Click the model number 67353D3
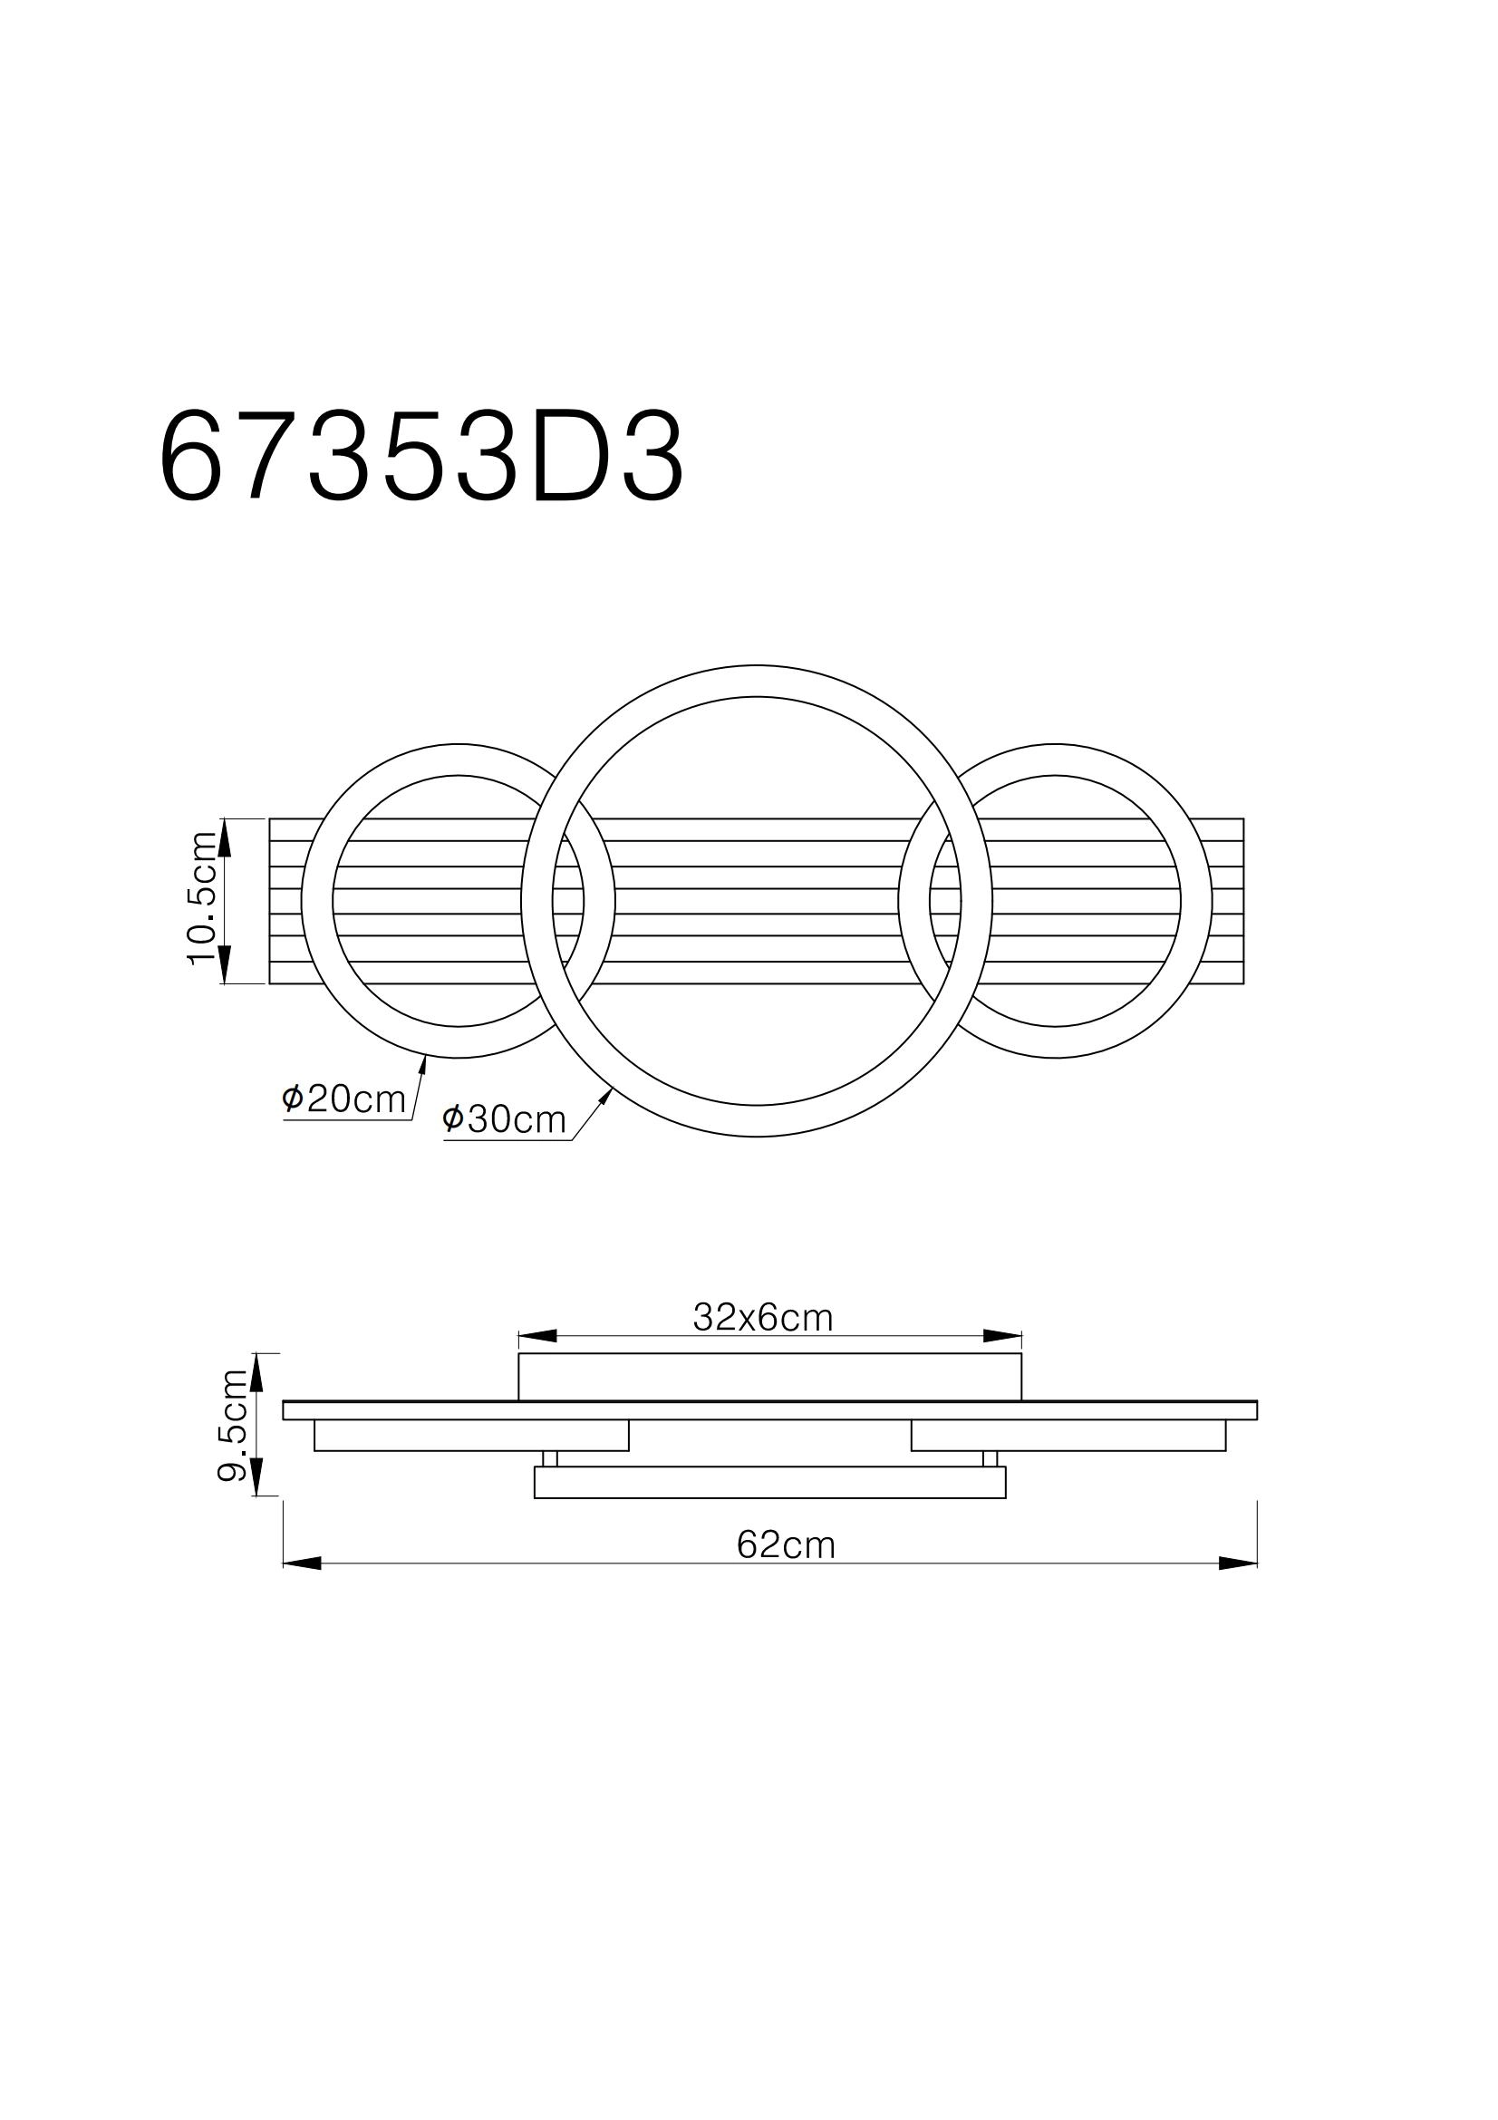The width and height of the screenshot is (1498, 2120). (421, 457)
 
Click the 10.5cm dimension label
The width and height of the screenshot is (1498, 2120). (201, 898)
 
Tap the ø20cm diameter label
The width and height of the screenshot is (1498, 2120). (344, 1099)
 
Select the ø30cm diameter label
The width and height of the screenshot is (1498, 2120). (504, 1119)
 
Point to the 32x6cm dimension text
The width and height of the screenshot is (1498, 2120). (762, 1318)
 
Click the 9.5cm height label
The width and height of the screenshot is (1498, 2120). (232, 1425)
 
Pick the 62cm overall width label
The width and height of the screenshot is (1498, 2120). (786, 1544)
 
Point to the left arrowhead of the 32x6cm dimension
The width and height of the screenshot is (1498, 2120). (537, 1336)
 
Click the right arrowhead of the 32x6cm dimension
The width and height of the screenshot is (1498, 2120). (1003, 1336)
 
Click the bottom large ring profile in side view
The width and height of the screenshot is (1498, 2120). (769, 1482)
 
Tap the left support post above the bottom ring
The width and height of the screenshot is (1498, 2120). (550, 1459)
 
